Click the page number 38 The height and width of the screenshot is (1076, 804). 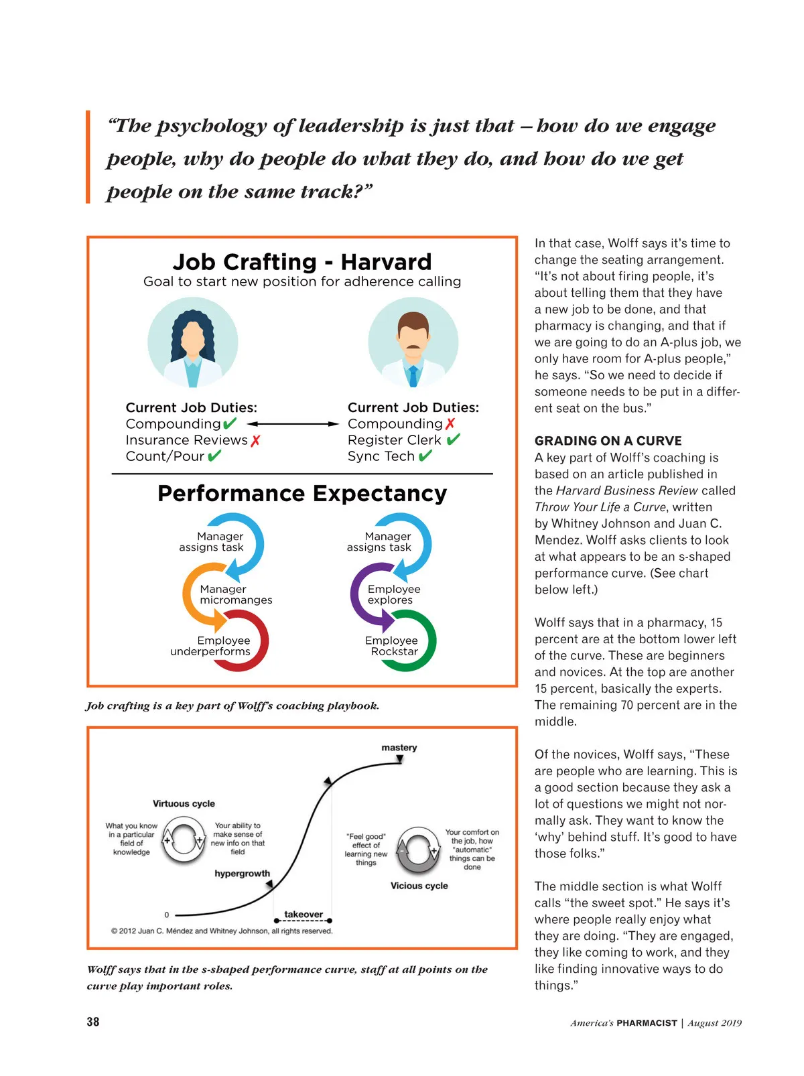coord(93,1022)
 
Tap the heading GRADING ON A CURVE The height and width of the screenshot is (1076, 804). coord(608,441)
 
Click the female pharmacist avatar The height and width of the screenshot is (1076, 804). coord(193,343)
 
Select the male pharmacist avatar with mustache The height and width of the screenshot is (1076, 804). coord(413,343)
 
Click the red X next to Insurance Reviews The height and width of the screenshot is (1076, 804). coord(255,441)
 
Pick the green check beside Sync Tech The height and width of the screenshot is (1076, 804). coord(425,456)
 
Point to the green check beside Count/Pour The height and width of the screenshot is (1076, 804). coord(214,456)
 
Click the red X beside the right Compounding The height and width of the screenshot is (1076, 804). coord(450,424)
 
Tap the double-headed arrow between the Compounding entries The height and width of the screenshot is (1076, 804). coord(293,424)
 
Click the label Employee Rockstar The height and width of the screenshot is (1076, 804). coord(392,646)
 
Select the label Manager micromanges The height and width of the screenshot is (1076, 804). coord(235,594)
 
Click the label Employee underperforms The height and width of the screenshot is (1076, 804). coord(211,646)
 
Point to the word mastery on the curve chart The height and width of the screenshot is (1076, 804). coord(399,748)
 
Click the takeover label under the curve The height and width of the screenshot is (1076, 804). coord(304,914)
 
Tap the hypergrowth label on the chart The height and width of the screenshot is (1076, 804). coord(243,874)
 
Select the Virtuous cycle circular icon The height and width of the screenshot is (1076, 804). coord(184,841)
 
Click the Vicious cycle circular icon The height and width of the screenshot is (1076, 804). coord(418,850)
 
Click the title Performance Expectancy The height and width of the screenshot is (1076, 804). coord(302,494)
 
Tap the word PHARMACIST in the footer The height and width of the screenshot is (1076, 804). coord(647,1023)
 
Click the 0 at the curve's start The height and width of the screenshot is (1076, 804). coord(167,915)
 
